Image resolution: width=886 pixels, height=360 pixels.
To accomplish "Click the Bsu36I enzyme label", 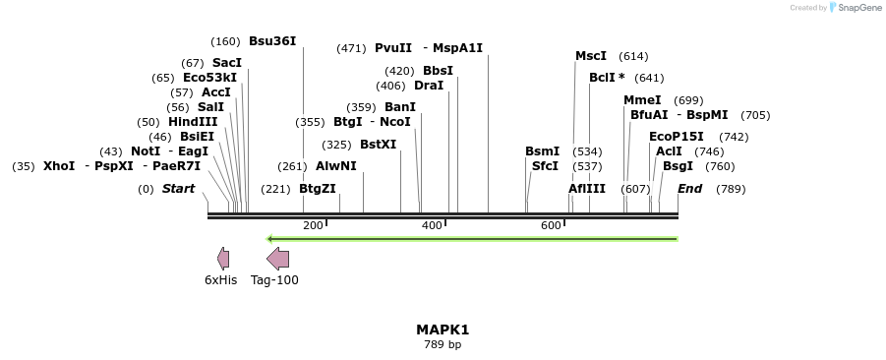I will [x=271, y=41].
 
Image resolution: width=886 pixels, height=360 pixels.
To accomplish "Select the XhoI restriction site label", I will [x=58, y=166].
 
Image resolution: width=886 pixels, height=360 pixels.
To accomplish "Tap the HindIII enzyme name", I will [x=193, y=122].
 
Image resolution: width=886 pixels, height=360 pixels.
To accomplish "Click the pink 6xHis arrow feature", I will [x=223, y=259].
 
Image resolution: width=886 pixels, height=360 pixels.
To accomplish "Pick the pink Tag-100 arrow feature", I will [x=278, y=259].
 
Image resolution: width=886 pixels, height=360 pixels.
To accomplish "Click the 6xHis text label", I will [x=220, y=280].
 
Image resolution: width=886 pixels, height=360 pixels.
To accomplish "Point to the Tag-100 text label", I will [x=274, y=280].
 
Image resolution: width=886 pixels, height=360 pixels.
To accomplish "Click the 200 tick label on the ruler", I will [x=313, y=226].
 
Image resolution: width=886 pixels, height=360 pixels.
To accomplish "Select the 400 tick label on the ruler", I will [x=432, y=226].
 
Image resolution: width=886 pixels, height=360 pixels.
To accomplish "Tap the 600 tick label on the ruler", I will [x=551, y=226].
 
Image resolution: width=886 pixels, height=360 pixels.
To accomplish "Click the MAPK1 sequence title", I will [x=443, y=330].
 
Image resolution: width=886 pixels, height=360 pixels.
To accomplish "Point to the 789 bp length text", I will [x=443, y=345].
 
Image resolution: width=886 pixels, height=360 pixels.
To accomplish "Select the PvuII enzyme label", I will [x=393, y=48].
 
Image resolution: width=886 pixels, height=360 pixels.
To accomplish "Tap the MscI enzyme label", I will [x=591, y=56].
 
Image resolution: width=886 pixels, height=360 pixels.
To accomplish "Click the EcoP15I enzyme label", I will [x=676, y=137].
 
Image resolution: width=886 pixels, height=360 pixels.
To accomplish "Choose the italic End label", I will [x=689, y=189].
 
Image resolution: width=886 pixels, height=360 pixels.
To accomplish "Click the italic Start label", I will [x=178, y=189].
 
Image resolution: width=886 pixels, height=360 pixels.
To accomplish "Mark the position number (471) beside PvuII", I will [x=351, y=48].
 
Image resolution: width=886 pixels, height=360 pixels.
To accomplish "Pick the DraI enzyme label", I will [x=430, y=86].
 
